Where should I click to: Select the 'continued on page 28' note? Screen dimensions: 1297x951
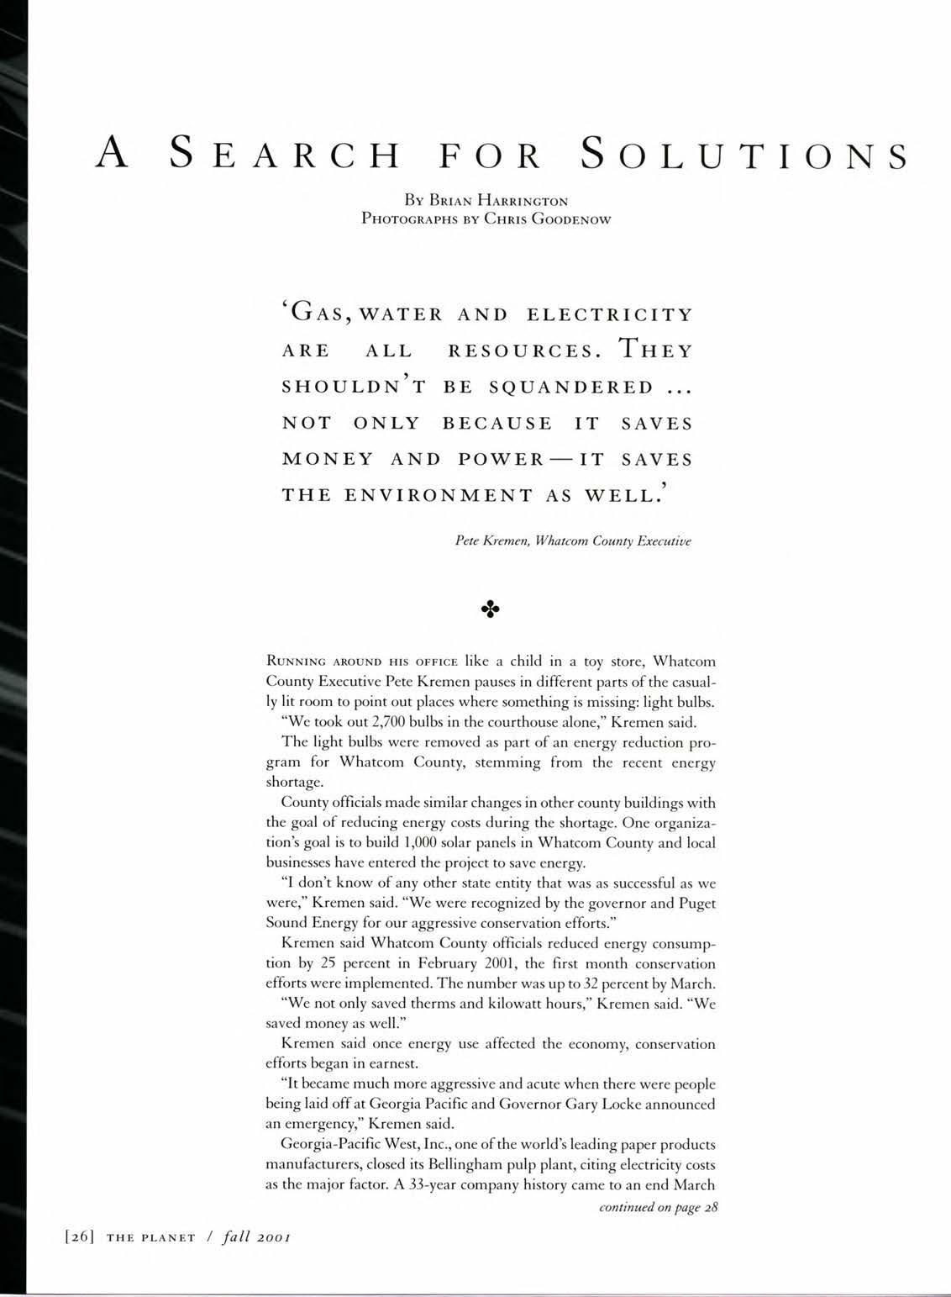pos(657,1208)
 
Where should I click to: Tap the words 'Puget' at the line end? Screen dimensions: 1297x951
pos(696,904)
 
